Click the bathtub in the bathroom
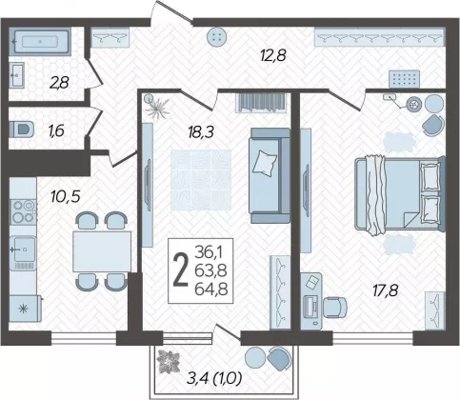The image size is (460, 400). pos(39,42)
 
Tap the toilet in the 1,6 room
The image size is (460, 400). pos(22,130)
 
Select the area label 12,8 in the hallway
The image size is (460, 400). pos(272,56)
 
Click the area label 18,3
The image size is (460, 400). pos(201,131)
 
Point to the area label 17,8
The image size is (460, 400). pos(385,290)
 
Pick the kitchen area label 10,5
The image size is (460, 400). pos(66,196)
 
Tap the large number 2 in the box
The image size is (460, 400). pos(181,270)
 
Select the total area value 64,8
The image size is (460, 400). pos(211,289)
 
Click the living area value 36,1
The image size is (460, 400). pos(209,252)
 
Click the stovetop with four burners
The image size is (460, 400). pos(23,211)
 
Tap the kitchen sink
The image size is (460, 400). pos(22,250)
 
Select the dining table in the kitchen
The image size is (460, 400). pos(102,251)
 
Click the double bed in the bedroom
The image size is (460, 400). pos(400,194)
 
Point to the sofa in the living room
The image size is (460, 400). pos(270,175)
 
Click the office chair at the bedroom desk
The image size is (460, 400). pos(335,307)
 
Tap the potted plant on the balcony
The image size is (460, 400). pos(169,361)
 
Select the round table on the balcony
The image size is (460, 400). pos(257,357)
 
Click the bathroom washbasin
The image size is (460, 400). pos(17,75)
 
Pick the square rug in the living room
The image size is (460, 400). pos(201,180)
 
